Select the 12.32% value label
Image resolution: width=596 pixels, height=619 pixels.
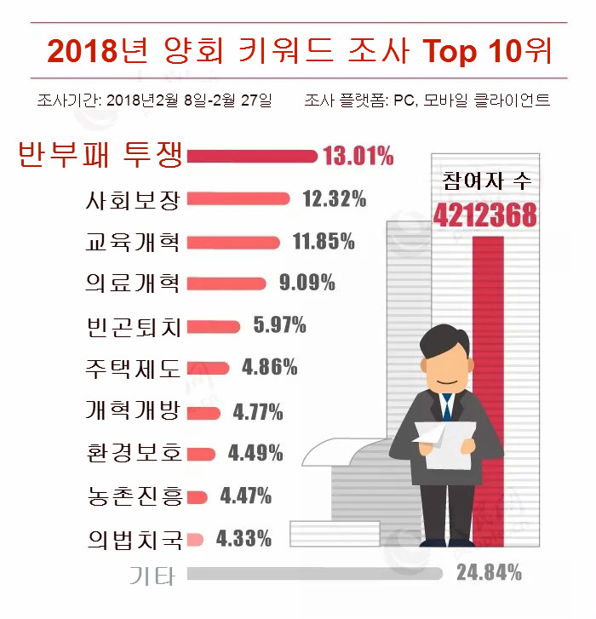334,199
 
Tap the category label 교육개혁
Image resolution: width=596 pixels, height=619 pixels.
134,242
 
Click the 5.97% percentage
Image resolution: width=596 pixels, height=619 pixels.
279,324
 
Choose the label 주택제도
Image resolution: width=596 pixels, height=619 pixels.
134,368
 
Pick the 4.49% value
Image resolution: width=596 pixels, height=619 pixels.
255,453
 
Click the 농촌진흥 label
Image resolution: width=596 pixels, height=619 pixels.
134,495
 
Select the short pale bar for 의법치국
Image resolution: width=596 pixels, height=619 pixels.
194,538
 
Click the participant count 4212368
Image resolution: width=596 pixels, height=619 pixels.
485,215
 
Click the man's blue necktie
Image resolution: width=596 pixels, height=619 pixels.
446,408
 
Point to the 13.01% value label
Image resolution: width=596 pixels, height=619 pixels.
358,156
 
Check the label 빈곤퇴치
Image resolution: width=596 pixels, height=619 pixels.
134,326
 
